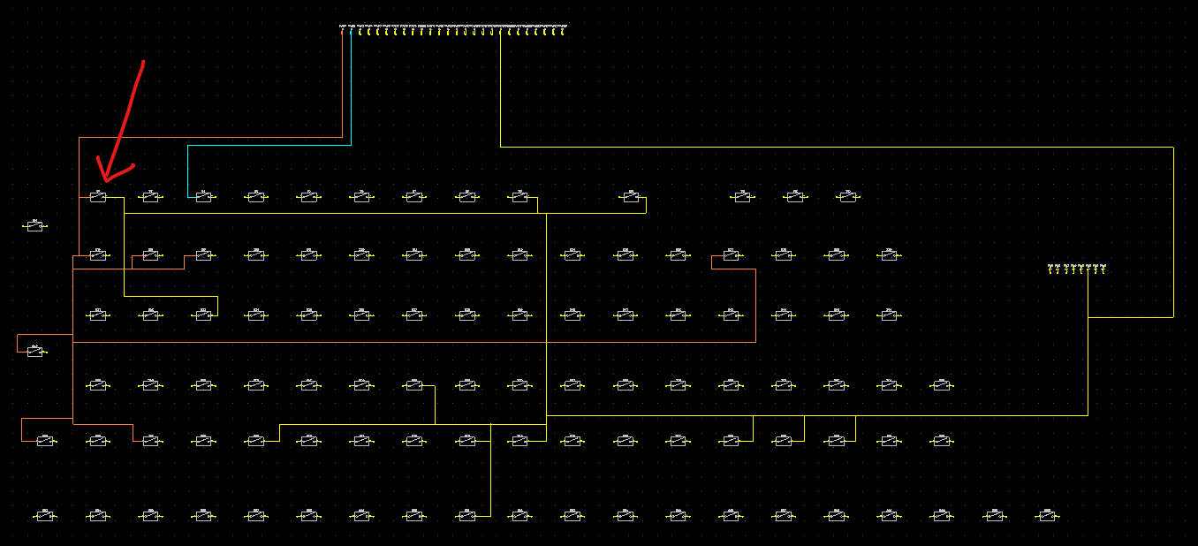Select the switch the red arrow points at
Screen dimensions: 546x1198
click(x=98, y=197)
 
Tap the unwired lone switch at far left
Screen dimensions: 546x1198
click(x=34, y=227)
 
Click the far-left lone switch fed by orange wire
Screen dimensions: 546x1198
click(x=34, y=352)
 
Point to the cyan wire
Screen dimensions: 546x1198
click(x=265, y=145)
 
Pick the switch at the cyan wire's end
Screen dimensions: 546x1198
click(x=203, y=197)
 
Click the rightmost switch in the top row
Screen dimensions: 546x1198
click(x=848, y=197)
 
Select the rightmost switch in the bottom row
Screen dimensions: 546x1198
click(x=1048, y=516)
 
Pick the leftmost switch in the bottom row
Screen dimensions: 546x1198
click(x=45, y=516)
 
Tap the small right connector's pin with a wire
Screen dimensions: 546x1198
click(x=1088, y=269)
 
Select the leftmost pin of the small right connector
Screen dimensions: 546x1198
click(x=1050, y=269)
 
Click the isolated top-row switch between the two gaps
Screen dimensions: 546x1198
click(x=630, y=197)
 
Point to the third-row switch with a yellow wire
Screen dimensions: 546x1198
click(x=203, y=315)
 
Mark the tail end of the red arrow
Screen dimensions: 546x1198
click(x=142, y=62)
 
